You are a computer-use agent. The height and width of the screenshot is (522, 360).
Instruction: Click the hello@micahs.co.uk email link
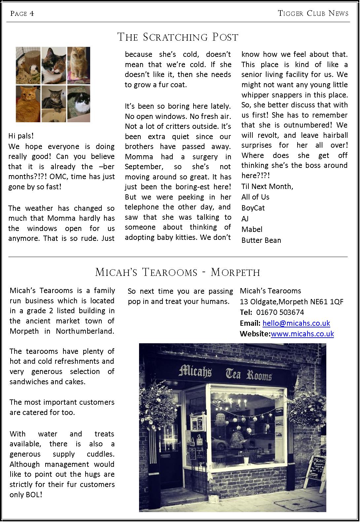click(x=296, y=323)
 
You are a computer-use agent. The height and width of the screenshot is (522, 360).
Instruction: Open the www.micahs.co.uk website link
click(x=302, y=334)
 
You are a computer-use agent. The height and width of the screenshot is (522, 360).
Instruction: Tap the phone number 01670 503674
click(x=280, y=312)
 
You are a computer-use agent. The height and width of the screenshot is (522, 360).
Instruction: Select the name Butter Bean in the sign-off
click(x=261, y=240)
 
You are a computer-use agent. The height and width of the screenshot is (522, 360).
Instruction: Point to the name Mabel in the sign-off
click(x=252, y=229)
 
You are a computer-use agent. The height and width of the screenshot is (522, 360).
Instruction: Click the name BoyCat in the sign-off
click(x=253, y=208)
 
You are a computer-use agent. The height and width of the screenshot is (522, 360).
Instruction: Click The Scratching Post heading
click(x=178, y=37)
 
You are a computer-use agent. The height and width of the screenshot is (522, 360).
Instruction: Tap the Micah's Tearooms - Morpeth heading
click(x=178, y=272)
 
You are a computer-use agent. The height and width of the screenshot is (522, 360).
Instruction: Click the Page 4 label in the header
click(x=22, y=14)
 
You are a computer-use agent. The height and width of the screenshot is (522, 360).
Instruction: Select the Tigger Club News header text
click(x=313, y=13)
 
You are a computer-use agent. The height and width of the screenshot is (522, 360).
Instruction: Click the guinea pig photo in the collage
click(x=28, y=65)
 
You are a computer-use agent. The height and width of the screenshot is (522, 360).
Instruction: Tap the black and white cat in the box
click(x=79, y=104)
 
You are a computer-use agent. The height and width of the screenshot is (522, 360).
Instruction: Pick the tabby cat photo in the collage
click(x=54, y=104)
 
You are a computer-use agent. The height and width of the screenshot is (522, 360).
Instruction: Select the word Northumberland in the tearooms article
click(x=85, y=331)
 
